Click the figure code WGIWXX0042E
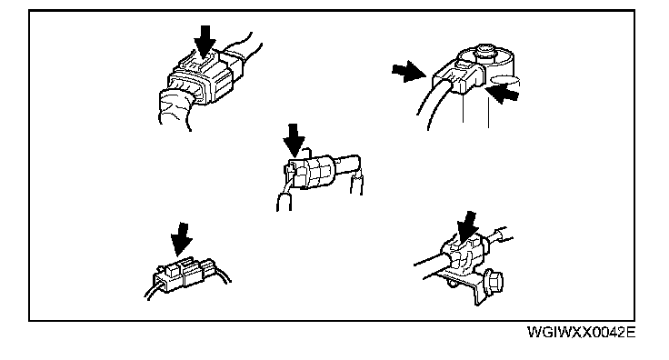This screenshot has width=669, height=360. (581, 332)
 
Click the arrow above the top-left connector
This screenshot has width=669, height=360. (205, 41)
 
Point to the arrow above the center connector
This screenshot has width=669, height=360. (294, 140)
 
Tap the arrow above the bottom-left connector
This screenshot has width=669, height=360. (182, 239)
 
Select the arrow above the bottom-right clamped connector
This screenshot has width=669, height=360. (468, 228)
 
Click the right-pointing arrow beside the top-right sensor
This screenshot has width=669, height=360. (409, 72)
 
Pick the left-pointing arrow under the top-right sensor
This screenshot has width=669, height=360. (503, 93)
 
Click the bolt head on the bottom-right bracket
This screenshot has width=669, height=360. (494, 282)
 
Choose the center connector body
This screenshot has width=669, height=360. (311, 172)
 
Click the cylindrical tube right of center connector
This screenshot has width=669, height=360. (348, 165)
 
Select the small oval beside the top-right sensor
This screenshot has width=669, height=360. (504, 80)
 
